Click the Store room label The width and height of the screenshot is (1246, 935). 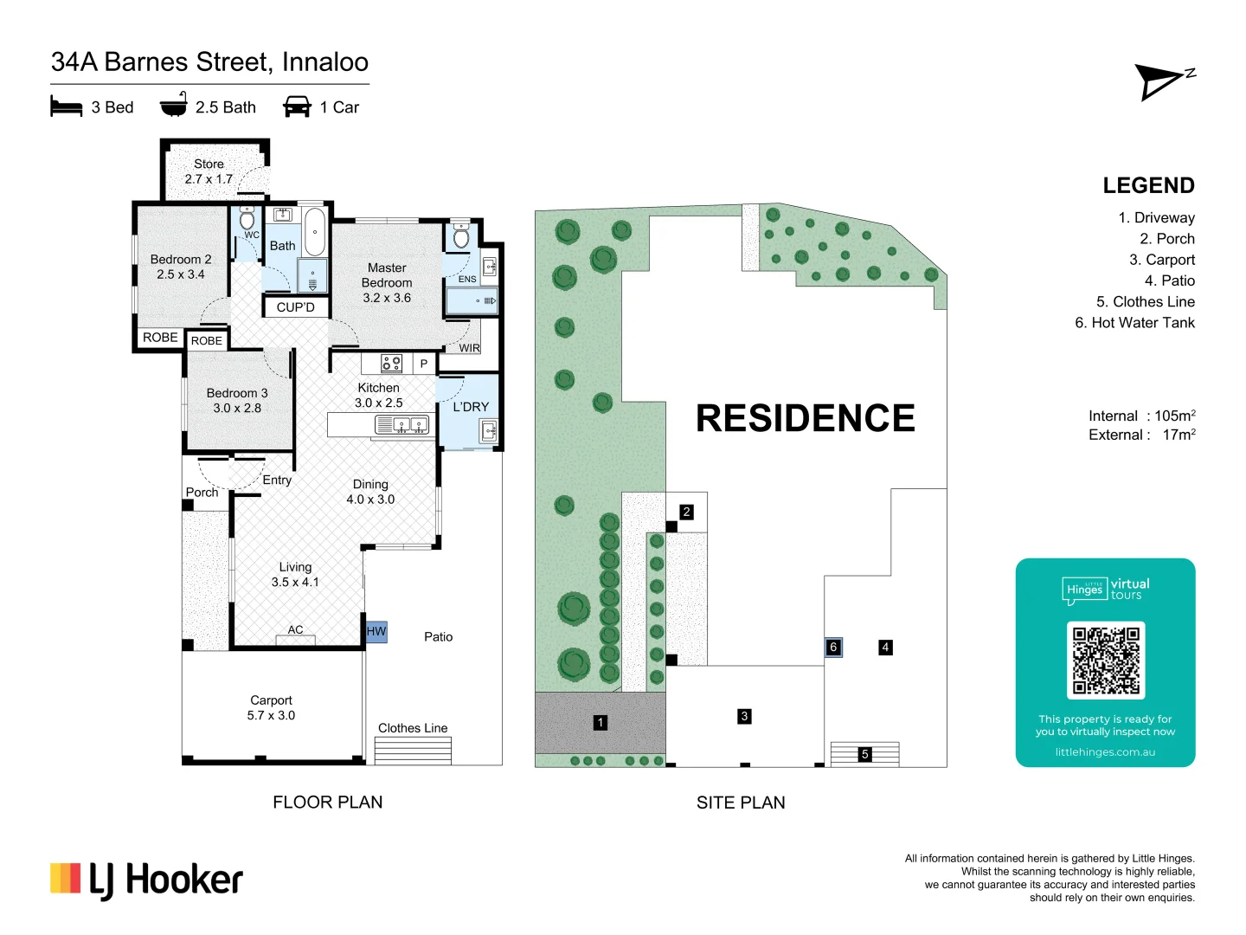click(209, 171)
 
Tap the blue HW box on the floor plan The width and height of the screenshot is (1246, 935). click(376, 631)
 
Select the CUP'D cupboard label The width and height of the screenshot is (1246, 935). click(295, 307)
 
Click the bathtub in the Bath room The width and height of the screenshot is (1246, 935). click(315, 232)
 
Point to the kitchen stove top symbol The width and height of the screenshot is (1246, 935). click(391, 364)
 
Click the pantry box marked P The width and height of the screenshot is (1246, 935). click(423, 364)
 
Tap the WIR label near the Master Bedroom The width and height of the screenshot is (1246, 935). click(470, 347)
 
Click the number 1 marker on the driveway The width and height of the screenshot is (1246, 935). click(600, 723)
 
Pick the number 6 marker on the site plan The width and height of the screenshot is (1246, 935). click(833, 648)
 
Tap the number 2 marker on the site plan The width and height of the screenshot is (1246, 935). click(686, 512)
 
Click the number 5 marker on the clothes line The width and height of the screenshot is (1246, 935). click(864, 754)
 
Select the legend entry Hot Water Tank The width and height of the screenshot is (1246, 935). click(1134, 322)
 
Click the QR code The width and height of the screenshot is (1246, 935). click(1106, 661)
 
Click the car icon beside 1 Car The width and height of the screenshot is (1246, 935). click(297, 106)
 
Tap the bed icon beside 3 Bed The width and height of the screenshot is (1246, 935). click(67, 106)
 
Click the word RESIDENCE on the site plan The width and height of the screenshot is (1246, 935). click(806, 418)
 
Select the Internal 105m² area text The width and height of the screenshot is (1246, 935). click(1142, 416)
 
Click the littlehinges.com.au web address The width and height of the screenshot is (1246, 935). click(1105, 752)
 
